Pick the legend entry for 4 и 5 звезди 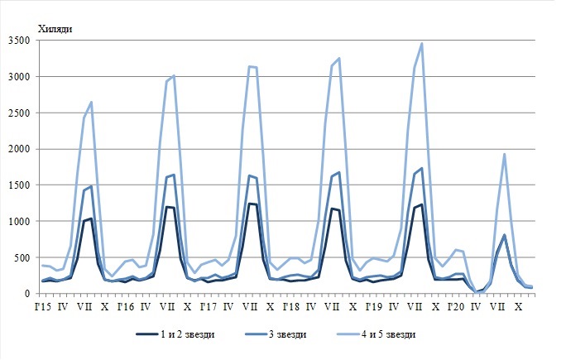tap(392, 334)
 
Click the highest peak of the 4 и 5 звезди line tap(422, 44)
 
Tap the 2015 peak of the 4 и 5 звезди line tap(91, 102)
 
